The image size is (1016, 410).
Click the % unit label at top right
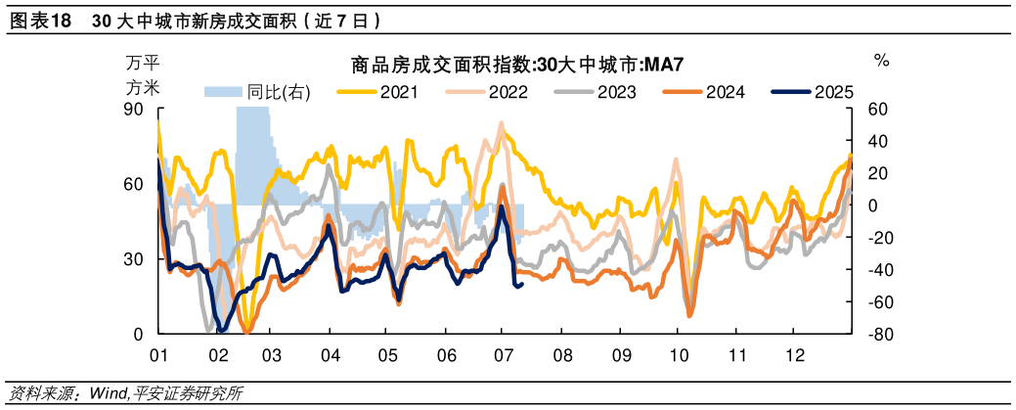pos(881,62)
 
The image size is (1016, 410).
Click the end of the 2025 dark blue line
pos(523,284)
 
